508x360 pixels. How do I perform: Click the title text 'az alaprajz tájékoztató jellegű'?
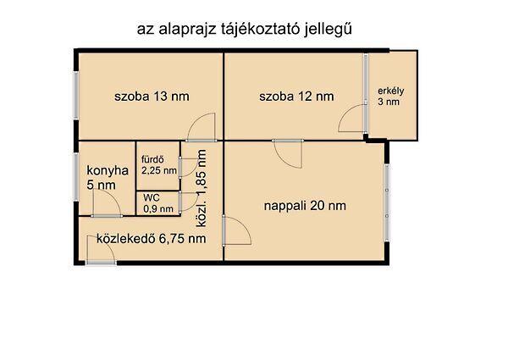click(245, 30)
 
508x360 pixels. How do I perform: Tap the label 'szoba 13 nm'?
click(152, 97)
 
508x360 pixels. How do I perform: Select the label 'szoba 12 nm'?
click(296, 97)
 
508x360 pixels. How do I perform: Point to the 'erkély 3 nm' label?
click(390, 97)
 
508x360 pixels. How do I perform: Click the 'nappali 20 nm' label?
click(305, 206)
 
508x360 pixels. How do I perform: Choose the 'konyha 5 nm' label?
click(108, 178)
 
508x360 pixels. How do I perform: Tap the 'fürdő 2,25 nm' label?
click(159, 165)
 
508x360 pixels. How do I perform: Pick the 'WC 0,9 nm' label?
click(158, 203)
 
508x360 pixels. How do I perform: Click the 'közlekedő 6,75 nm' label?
click(152, 239)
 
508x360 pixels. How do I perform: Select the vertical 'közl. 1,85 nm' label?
click(202, 188)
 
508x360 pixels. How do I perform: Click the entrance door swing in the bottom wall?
click(101, 249)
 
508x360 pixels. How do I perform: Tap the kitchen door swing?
click(107, 202)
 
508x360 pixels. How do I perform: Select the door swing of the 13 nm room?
click(201, 127)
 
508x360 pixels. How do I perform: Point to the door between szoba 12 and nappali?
click(288, 153)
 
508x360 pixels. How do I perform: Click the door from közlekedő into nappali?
click(237, 230)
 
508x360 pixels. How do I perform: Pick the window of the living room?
click(387, 202)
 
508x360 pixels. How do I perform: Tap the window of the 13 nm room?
click(76, 95)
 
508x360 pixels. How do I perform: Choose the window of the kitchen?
click(76, 177)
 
